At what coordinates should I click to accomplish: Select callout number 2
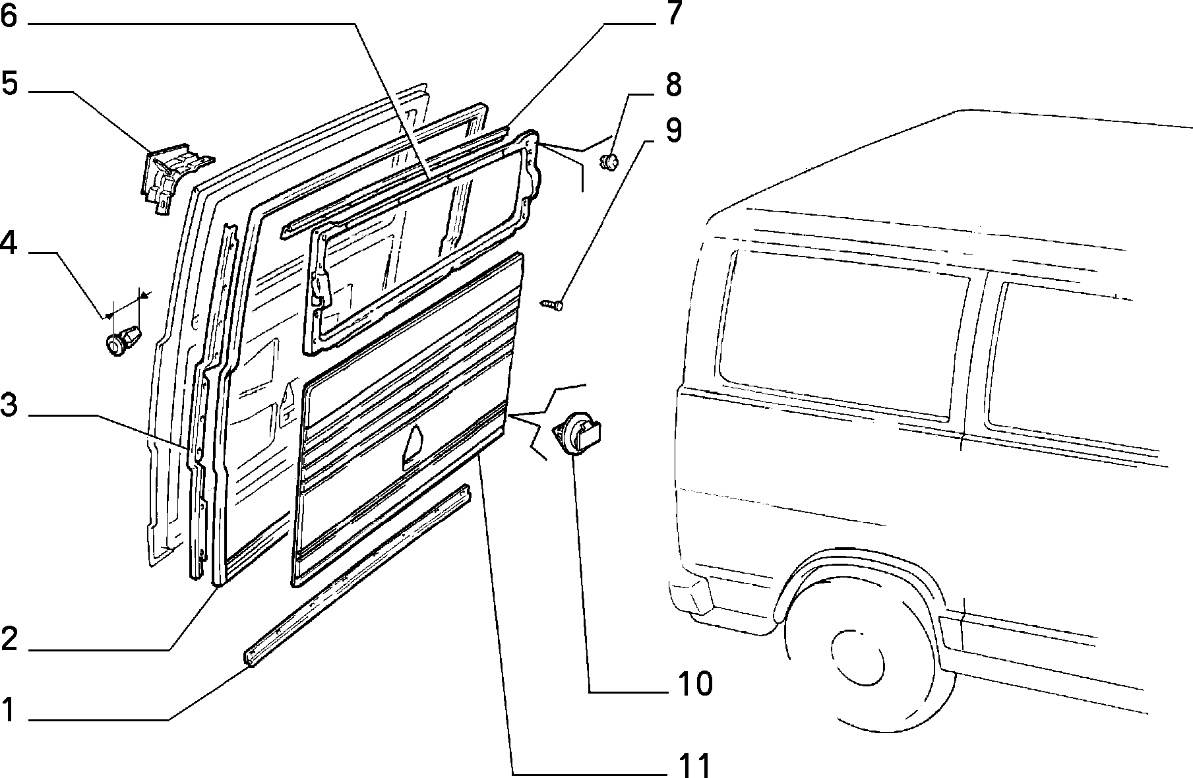pyautogui.click(x=9, y=639)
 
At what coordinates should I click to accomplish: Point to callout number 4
pyautogui.click(x=9, y=244)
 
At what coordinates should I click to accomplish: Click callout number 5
pyautogui.click(x=9, y=84)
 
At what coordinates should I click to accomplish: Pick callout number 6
pyautogui.click(x=9, y=16)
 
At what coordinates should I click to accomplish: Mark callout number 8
pyautogui.click(x=673, y=85)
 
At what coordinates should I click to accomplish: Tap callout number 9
pyautogui.click(x=673, y=131)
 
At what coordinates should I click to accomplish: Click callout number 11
pyautogui.click(x=693, y=765)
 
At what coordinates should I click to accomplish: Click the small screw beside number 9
pyautogui.click(x=553, y=304)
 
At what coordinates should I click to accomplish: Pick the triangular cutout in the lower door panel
pyautogui.click(x=413, y=447)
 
